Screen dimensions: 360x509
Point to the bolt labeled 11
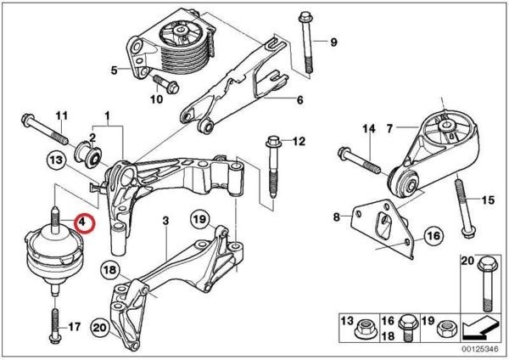click(x=48, y=130)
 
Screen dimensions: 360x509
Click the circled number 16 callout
click(x=433, y=234)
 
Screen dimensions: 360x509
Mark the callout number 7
click(x=389, y=129)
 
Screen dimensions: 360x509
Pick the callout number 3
click(x=167, y=221)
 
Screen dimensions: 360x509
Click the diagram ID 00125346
click(x=480, y=348)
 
